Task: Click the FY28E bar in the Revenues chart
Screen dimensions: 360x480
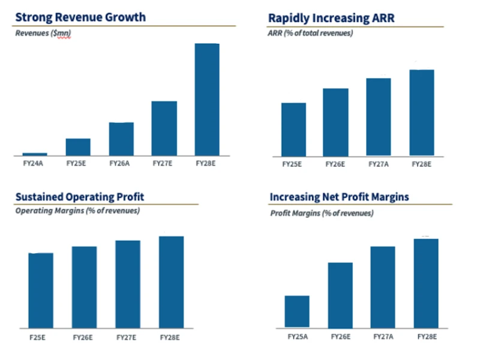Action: pyautogui.click(x=207, y=99)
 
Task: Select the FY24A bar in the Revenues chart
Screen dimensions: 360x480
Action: pyautogui.click(x=35, y=154)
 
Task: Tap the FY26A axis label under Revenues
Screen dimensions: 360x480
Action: pyautogui.click(x=121, y=163)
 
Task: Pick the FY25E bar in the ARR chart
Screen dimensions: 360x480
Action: pyautogui.click(x=293, y=129)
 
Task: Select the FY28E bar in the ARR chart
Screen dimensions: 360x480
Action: pyautogui.click(x=422, y=113)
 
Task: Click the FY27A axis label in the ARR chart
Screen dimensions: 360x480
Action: pyautogui.click(x=378, y=163)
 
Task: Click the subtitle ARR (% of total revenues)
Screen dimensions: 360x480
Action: pyautogui.click(x=311, y=33)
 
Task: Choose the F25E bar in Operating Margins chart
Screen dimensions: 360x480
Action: pyautogui.click(x=41, y=290)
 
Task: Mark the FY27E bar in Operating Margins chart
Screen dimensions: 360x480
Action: pyautogui.click(x=128, y=284)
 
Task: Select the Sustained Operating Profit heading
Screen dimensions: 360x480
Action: pyautogui.click(x=80, y=197)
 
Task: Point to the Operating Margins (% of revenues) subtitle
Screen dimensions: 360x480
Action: pyautogui.click(x=77, y=211)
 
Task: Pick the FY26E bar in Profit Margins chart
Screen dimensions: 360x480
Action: pyautogui.click(x=340, y=295)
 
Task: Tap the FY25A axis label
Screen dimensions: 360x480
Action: pyautogui.click(x=297, y=337)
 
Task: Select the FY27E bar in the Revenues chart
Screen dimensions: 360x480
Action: pyautogui.click(x=164, y=128)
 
